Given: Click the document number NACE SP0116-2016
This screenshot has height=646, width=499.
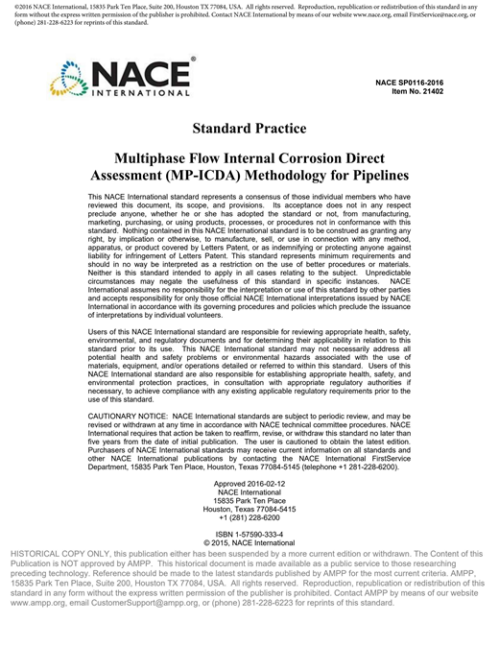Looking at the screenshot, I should tap(421, 83).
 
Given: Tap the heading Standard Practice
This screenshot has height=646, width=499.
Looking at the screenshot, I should tap(249, 128).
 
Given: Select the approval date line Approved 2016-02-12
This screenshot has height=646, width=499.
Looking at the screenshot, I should tap(249, 487).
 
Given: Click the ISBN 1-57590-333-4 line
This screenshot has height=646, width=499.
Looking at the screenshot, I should tap(249, 533).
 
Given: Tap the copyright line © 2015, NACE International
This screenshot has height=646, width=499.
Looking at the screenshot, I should tap(249, 542).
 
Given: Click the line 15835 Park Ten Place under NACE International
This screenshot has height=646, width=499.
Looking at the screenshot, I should tap(249, 497).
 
